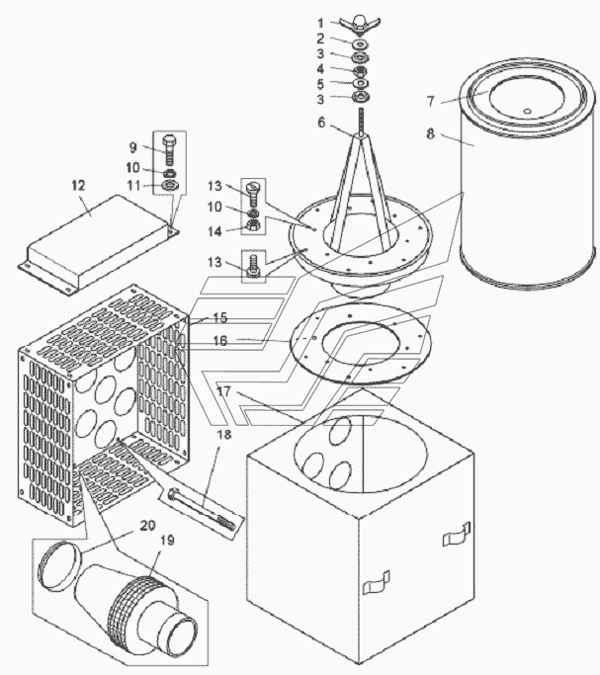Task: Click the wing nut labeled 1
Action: [x=360, y=24]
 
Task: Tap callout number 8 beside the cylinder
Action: [x=431, y=133]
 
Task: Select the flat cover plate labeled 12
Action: [x=99, y=244]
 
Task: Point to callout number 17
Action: [x=223, y=391]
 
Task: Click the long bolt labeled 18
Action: [x=203, y=509]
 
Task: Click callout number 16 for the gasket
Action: [x=220, y=341]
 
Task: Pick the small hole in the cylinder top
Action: [x=527, y=112]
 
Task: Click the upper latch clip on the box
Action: [x=457, y=535]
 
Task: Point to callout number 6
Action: [x=321, y=123]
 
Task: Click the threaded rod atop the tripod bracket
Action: [x=361, y=122]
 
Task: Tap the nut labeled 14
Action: [x=253, y=224]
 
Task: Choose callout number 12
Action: [x=78, y=186]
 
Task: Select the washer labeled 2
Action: [x=360, y=43]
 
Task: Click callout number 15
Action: [x=220, y=317]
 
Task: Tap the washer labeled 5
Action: [x=360, y=83]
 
